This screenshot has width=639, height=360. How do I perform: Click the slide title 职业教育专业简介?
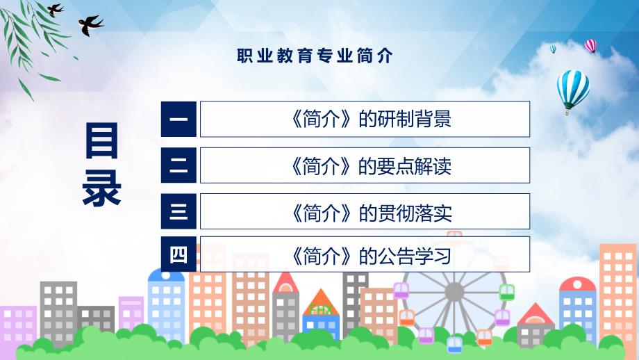pyautogui.click(x=315, y=56)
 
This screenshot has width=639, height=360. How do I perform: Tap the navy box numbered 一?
pyautogui.click(x=179, y=119)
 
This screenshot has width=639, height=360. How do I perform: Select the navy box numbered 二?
pyautogui.click(x=179, y=165)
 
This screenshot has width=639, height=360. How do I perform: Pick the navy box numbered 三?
pyautogui.click(x=179, y=211)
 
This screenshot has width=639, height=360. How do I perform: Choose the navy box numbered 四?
pyautogui.click(x=179, y=254)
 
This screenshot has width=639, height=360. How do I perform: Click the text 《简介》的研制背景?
pyautogui.click(x=370, y=119)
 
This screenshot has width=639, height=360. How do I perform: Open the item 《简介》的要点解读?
pyautogui.click(x=370, y=165)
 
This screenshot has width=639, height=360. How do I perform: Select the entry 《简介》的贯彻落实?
pyautogui.click(x=370, y=212)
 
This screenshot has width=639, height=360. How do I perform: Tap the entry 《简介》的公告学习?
pyautogui.click(x=370, y=256)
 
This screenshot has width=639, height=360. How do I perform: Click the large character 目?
pyautogui.click(x=101, y=140)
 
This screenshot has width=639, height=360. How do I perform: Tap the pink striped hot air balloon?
pyautogui.click(x=590, y=46)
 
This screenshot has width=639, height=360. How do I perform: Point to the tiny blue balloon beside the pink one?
pyautogui.click(x=553, y=49)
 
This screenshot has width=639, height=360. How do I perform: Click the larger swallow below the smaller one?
pyautogui.click(x=90, y=25)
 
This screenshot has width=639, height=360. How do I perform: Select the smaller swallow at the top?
pyautogui.click(x=55, y=10)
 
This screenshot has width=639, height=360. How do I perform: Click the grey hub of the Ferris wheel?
pyautogui.click(x=454, y=292)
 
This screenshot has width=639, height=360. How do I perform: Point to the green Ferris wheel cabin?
pyautogui.click(x=506, y=293)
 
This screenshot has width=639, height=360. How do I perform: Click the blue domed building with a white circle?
pyautogui.click(x=166, y=306)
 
